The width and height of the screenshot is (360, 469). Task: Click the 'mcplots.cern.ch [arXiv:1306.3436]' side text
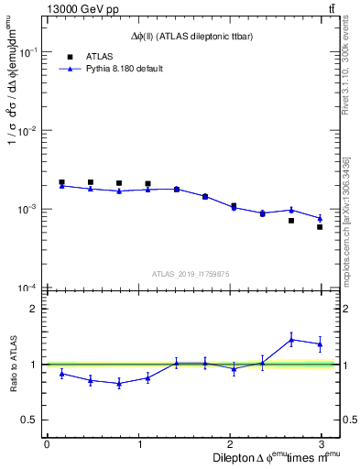pos(345,218)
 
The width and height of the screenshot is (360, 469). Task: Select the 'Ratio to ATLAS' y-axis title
pos(13,365)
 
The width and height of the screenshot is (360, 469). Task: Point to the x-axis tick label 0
pos(47,444)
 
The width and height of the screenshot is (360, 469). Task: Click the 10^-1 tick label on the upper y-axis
pos(30,53)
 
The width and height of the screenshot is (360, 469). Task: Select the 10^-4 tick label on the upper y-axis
pos(30,289)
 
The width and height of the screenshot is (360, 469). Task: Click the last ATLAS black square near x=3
pos(320,226)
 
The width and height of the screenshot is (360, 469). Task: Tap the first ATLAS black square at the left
pos(61,182)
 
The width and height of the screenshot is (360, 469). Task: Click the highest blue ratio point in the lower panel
pos(291,340)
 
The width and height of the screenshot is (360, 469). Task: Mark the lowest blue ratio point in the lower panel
pos(119,384)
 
